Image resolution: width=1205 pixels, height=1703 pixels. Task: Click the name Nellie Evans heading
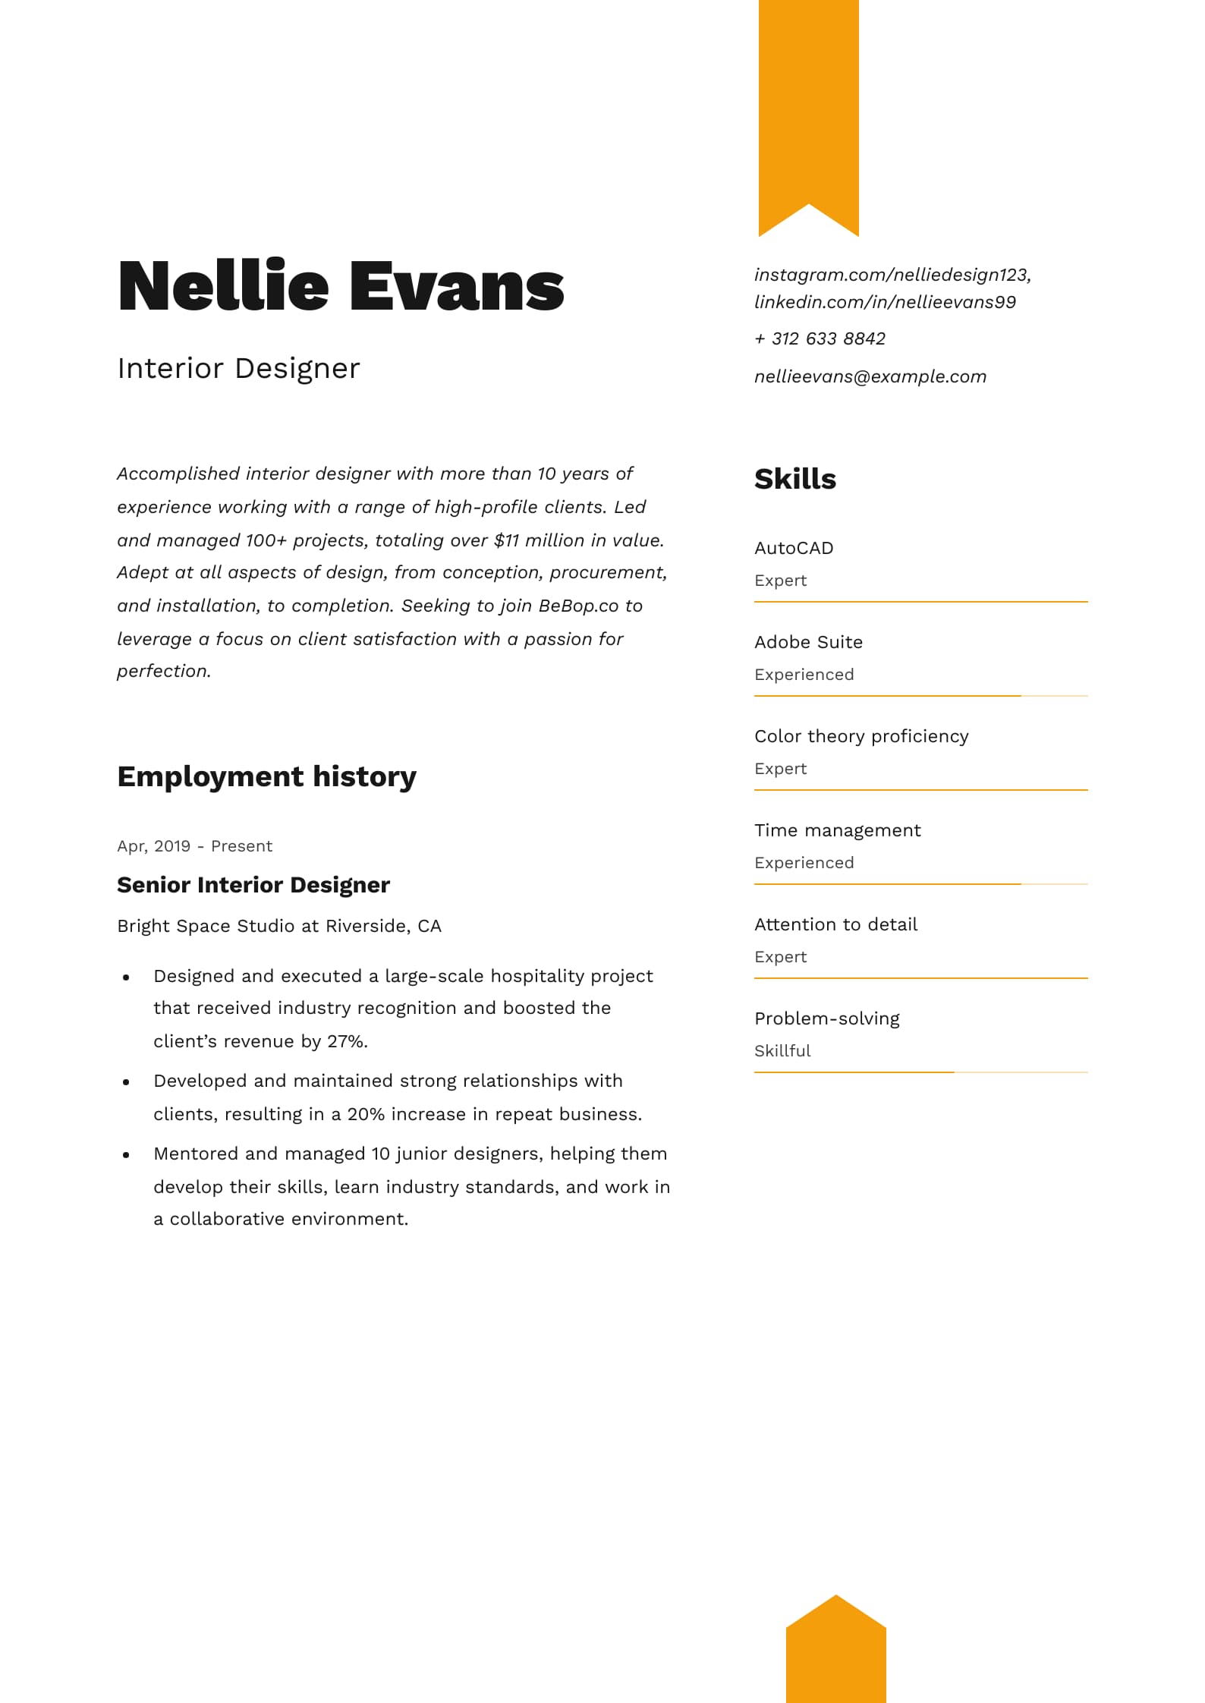pyautogui.click(x=341, y=286)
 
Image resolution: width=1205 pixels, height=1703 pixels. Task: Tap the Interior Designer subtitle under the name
pyautogui.click(x=238, y=368)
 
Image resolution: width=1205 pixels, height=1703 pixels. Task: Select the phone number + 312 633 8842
pyautogui.click(x=820, y=338)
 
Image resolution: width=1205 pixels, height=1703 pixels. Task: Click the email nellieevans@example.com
pyautogui.click(x=870, y=376)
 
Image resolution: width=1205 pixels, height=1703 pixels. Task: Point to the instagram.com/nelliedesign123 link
pyautogui.click(x=892, y=275)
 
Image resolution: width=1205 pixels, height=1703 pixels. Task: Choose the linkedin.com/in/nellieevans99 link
pyautogui.click(x=885, y=302)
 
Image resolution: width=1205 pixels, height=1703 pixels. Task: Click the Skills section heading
pyautogui.click(x=794, y=480)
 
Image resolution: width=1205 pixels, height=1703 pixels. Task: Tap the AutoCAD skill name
pyautogui.click(x=794, y=548)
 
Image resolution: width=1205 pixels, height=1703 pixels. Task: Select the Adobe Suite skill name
pyautogui.click(x=808, y=642)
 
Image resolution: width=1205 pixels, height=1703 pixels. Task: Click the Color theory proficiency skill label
pyautogui.click(x=861, y=736)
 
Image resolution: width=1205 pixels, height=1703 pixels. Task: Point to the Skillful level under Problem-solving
pyautogui.click(x=782, y=1051)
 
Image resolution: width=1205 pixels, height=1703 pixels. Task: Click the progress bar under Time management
pyautogui.click(x=920, y=884)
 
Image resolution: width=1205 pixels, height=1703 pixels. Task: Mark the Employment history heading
pyautogui.click(x=266, y=776)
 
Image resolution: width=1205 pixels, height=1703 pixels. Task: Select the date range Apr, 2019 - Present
pyautogui.click(x=194, y=846)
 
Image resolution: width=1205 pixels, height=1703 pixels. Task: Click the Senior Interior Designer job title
pyautogui.click(x=253, y=885)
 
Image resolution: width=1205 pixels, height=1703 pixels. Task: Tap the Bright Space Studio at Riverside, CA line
pyautogui.click(x=279, y=926)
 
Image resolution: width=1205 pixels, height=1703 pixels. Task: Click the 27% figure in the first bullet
pyautogui.click(x=347, y=1041)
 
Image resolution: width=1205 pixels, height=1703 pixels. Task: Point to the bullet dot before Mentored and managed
pyautogui.click(x=126, y=1155)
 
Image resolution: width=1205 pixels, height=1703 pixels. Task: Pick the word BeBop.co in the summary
pyautogui.click(x=568, y=606)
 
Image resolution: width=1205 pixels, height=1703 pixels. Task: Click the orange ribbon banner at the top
pyautogui.click(x=808, y=106)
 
